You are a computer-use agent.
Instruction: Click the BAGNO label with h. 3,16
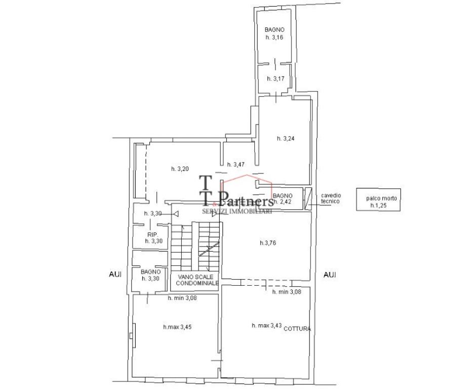[274, 33]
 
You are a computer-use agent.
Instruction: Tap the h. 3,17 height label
[275, 79]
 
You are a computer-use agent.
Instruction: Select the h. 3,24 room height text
[286, 138]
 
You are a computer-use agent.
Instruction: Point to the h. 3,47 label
[236, 165]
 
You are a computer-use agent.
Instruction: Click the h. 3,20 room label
[180, 169]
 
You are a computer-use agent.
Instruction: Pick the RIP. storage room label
[153, 238]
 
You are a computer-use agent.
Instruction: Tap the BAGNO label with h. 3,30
[150, 275]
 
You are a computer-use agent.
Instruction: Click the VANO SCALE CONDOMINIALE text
[197, 280]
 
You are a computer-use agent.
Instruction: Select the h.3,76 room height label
[268, 243]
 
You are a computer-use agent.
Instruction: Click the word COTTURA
[297, 329]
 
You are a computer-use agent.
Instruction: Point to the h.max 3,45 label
[177, 327]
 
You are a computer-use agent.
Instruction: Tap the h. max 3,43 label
[266, 325]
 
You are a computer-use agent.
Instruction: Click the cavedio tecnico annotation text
[330, 198]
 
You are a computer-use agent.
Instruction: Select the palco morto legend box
[378, 200]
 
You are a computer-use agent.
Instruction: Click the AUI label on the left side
[115, 275]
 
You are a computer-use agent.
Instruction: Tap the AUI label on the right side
[330, 275]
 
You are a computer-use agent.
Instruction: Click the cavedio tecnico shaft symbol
[308, 199]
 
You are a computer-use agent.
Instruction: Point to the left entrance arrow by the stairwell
[176, 214]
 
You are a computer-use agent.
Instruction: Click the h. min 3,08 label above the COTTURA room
[287, 292]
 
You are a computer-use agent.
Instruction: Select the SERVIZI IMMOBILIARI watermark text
[236, 211]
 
